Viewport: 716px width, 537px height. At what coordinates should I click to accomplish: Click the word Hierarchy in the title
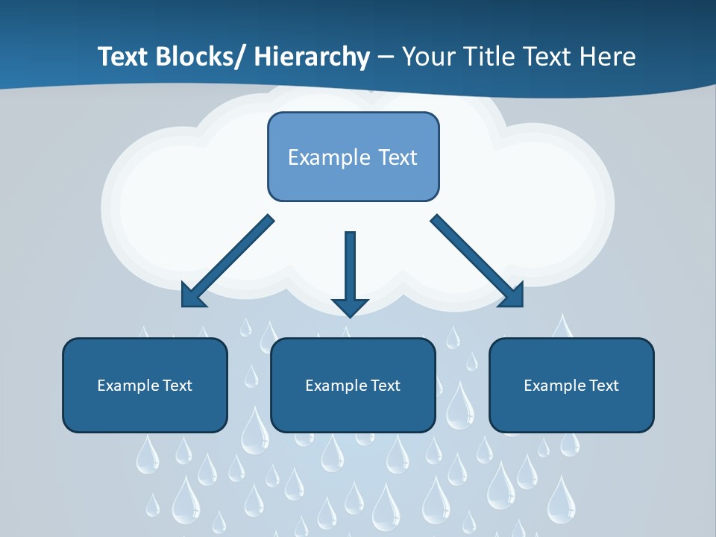coord(312,57)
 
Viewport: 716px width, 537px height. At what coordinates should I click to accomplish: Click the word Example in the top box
coord(328,157)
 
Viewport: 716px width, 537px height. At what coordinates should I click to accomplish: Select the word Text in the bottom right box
coord(603,386)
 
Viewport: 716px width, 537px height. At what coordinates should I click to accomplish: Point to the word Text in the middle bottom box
coord(385,386)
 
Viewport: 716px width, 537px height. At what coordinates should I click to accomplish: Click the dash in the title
coord(386,57)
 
